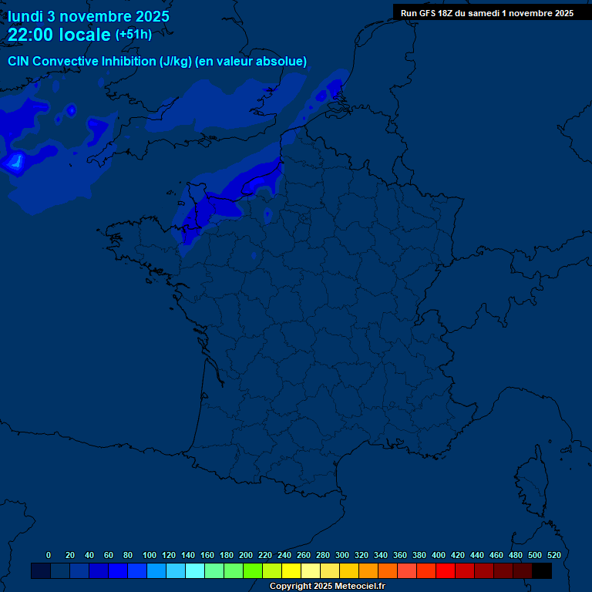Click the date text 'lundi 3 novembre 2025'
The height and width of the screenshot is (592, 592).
click(89, 16)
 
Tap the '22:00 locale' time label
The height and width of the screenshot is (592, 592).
click(59, 35)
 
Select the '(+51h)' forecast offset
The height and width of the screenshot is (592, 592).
click(133, 35)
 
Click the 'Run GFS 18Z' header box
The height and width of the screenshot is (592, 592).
click(486, 12)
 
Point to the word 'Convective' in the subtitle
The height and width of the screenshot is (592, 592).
click(66, 62)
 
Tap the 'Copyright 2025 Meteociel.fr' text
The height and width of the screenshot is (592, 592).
click(327, 587)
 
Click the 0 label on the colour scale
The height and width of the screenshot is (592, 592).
click(49, 555)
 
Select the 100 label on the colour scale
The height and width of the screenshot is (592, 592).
click(150, 555)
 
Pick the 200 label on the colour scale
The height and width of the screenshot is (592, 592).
click(246, 555)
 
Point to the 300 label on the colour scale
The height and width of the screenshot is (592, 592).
click(342, 555)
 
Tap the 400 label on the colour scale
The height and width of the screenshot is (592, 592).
click(439, 555)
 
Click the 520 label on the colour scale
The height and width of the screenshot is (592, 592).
click(553, 555)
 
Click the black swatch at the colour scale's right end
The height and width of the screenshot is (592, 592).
click(542, 570)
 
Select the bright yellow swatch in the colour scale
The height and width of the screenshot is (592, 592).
click(291, 570)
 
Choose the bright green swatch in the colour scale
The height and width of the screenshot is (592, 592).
click(253, 570)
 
